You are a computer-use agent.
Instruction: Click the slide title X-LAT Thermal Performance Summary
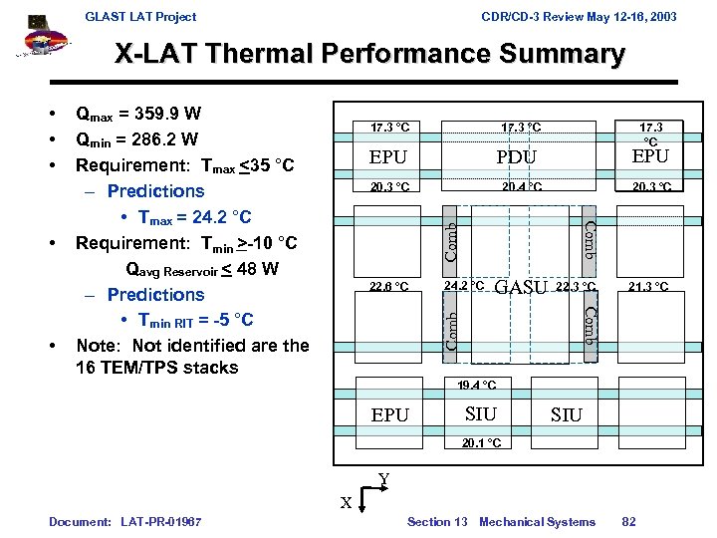369,54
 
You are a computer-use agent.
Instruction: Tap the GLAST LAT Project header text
140,16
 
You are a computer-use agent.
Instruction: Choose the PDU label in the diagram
516,157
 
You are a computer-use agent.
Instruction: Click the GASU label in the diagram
521,288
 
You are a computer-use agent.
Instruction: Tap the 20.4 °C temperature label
521,186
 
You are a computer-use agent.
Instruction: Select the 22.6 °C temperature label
388,287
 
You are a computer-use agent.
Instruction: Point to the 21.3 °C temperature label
648,287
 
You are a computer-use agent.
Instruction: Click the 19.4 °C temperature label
477,385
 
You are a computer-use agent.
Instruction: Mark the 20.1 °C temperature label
481,442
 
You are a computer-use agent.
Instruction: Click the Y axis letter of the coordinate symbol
383,480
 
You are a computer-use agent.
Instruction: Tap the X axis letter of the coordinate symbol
346,503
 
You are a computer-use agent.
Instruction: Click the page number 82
628,522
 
